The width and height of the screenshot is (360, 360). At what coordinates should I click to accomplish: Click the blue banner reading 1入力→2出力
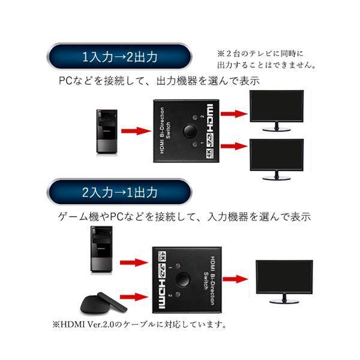(119, 56)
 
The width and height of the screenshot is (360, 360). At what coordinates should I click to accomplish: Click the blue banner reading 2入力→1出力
(119, 192)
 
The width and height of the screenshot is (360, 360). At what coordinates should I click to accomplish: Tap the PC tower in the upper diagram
(107, 131)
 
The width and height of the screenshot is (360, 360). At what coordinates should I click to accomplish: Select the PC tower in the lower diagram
(101, 249)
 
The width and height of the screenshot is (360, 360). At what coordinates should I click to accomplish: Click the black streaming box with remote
(103, 303)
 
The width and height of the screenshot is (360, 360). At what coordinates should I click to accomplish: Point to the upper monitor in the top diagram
(277, 110)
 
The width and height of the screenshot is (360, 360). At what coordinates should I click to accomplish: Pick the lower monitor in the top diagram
(277, 159)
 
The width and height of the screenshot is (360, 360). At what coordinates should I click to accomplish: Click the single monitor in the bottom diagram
(284, 282)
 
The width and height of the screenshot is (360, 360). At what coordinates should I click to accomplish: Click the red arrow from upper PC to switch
(136, 131)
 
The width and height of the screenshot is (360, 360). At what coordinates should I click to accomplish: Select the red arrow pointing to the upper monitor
(234, 113)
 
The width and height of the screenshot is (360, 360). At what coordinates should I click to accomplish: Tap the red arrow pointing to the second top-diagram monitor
(234, 146)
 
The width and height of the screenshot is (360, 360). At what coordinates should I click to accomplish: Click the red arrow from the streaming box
(134, 296)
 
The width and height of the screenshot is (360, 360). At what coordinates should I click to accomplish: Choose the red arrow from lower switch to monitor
(235, 279)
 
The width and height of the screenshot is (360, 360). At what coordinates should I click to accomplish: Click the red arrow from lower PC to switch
(134, 262)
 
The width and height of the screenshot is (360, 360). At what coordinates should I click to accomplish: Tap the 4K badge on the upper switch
(209, 153)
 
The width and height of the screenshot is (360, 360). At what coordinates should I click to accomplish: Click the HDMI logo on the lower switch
(162, 294)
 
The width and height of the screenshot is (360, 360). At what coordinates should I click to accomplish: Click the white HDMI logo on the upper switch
(210, 118)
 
